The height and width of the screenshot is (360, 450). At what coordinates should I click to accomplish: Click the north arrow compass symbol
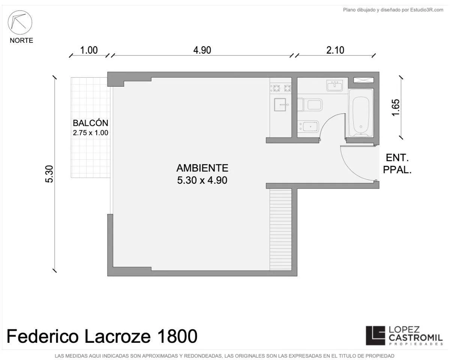[x=20, y=22]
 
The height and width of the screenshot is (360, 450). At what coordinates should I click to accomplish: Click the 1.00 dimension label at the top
[x=89, y=50]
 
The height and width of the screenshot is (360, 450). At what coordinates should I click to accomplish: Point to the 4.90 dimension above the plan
[x=202, y=50]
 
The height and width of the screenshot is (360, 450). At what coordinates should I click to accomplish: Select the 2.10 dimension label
[x=335, y=50]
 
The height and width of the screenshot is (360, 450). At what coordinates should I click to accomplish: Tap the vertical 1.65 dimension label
[x=396, y=108]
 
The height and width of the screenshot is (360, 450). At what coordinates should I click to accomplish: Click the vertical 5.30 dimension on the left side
[x=49, y=174]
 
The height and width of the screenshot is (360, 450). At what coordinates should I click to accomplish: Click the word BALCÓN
[x=90, y=123]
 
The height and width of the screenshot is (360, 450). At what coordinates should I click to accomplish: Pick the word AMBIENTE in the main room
[x=202, y=168]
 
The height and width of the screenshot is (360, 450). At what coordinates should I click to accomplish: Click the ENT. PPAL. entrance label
[x=397, y=164]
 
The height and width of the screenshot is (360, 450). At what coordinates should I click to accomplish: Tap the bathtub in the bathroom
[x=361, y=113]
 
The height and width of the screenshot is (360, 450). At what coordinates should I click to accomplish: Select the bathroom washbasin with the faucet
[x=334, y=85]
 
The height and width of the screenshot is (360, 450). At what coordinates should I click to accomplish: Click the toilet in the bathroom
[x=310, y=105]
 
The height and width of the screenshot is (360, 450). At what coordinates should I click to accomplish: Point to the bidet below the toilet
[x=308, y=126]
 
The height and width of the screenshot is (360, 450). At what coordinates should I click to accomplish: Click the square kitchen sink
[x=280, y=105]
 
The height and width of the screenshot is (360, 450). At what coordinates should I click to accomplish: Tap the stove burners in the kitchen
[x=280, y=88]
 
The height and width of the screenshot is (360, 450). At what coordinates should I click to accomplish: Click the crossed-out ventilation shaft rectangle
[x=364, y=80]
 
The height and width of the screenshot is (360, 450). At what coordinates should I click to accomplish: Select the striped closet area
[x=280, y=229]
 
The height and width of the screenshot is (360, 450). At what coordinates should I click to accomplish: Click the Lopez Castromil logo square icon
[x=375, y=336]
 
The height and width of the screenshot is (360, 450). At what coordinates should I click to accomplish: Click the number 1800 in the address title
[x=177, y=336]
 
